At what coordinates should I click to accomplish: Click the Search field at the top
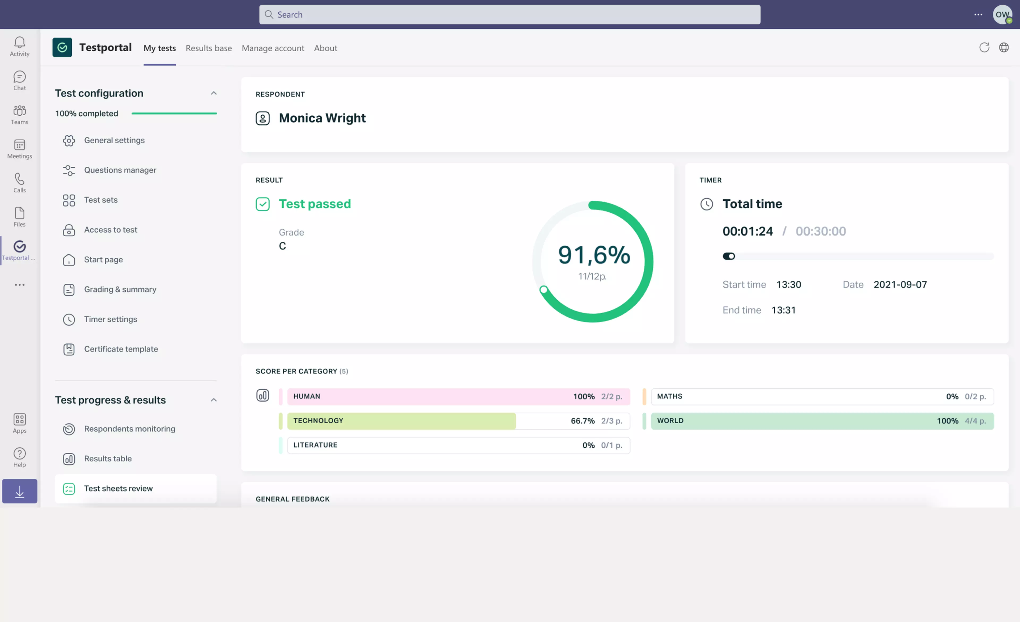pyautogui.click(x=509, y=15)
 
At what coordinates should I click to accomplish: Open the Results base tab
pyautogui.click(x=209, y=48)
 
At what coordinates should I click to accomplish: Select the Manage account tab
pyautogui.click(x=273, y=48)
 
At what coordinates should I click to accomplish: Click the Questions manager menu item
pyautogui.click(x=120, y=170)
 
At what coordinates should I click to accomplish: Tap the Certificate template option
pyautogui.click(x=121, y=349)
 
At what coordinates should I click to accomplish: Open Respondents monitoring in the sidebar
pyautogui.click(x=130, y=428)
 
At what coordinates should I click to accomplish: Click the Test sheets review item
pyautogui.click(x=118, y=488)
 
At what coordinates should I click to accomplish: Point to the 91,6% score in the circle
pyautogui.click(x=594, y=254)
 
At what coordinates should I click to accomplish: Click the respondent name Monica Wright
pyautogui.click(x=322, y=118)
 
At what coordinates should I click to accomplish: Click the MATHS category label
pyautogui.click(x=669, y=396)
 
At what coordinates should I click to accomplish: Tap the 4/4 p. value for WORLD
pyautogui.click(x=975, y=421)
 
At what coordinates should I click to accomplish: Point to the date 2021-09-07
pyautogui.click(x=900, y=284)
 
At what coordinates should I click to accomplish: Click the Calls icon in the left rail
pyautogui.click(x=19, y=182)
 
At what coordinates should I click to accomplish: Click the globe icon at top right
pyautogui.click(x=1004, y=48)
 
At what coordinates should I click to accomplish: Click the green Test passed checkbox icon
pyautogui.click(x=262, y=204)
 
